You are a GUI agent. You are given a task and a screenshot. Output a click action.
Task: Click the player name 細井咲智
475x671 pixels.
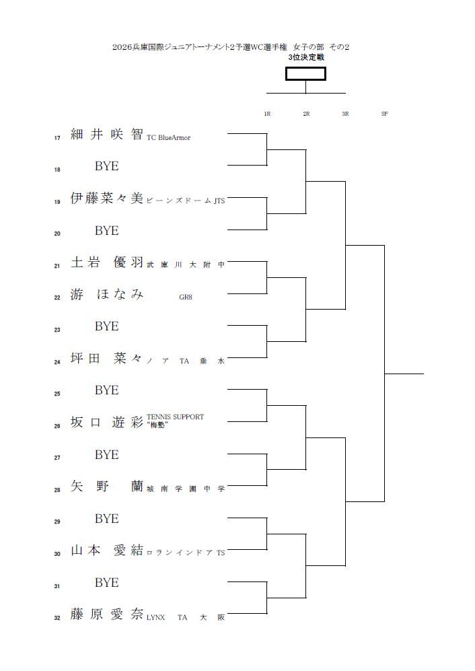click(107, 134)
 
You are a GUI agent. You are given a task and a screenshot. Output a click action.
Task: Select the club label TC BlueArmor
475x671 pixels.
click(168, 138)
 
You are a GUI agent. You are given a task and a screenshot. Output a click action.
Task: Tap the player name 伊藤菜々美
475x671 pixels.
click(107, 199)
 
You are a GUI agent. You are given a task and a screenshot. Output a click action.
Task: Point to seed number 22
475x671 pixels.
click(57, 298)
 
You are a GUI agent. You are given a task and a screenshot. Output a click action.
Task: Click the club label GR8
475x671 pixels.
click(186, 297)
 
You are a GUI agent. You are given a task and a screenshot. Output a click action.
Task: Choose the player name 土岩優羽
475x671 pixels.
click(107, 262)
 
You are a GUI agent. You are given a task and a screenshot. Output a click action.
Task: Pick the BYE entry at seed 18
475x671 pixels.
click(106, 166)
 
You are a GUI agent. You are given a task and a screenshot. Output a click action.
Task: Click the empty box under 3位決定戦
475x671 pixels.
click(305, 73)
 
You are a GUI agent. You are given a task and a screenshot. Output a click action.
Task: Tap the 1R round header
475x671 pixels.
click(267, 114)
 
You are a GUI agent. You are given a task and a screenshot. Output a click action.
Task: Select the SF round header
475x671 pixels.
click(384, 114)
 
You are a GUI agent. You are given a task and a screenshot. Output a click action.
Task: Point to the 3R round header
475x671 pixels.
click(345, 114)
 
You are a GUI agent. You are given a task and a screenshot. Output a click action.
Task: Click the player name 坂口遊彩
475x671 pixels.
click(107, 423)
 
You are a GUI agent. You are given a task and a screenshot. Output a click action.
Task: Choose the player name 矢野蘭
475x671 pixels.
click(107, 487)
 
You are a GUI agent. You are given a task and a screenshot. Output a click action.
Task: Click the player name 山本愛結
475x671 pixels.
click(107, 551)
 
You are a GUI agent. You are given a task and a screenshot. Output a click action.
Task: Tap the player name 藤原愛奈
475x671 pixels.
click(107, 614)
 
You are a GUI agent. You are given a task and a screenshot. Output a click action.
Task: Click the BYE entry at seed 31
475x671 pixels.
click(106, 583)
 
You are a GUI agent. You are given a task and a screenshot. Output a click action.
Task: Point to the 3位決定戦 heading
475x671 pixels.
click(306, 58)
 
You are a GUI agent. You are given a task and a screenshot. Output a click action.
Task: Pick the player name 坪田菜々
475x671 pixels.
click(107, 359)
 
